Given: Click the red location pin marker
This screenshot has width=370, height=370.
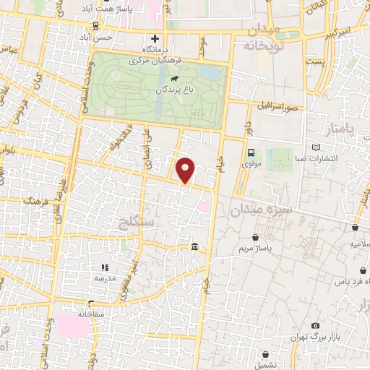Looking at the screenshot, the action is click(186, 171).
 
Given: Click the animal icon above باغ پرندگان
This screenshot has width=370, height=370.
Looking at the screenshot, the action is click(174, 77).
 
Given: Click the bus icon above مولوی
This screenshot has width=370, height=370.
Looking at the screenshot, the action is click(251, 152).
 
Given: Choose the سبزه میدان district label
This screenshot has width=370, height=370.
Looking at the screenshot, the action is click(259, 210).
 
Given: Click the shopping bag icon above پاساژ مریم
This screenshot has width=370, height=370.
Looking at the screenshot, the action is click(255, 236).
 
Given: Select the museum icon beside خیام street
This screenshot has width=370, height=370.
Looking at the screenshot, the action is click(195, 248).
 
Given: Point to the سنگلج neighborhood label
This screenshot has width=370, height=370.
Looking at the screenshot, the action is click(135, 222).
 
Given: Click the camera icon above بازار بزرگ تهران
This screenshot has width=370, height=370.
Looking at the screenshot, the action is click(315, 326).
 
